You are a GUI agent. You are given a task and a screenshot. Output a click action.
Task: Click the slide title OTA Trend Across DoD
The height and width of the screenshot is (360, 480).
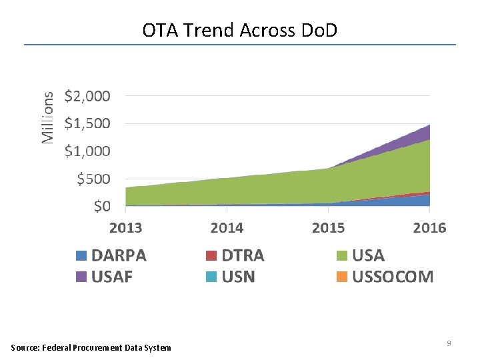[x=240, y=29]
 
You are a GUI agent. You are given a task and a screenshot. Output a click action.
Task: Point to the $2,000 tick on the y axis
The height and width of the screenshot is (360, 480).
[x=87, y=95]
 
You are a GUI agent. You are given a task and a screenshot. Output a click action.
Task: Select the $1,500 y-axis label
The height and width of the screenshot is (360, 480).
[x=87, y=123]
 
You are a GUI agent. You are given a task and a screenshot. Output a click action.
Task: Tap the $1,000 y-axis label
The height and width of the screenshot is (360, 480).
[x=87, y=151]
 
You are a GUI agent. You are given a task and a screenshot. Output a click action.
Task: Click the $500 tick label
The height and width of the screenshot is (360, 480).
[x=93, y=179]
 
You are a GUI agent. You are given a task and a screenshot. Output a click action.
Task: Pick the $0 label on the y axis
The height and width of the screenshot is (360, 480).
[x=101, y=207]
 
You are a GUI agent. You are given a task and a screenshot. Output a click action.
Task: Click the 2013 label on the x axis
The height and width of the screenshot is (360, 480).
[x=125, y=228]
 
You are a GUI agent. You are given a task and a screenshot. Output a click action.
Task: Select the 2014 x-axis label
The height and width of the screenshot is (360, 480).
[x=227, y=228]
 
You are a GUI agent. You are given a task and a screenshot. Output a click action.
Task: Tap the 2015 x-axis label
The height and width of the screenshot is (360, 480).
[x=328, y=228]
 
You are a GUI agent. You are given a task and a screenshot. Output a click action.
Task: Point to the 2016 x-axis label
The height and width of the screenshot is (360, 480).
[x=429, y=228]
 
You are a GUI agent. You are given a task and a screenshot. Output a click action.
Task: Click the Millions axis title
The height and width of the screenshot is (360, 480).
[x=47, y=117]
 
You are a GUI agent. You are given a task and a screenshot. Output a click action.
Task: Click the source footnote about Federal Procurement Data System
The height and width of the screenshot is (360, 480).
[x=91, y=347]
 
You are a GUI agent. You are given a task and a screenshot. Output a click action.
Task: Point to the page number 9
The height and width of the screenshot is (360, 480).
[x=449, y=343]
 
